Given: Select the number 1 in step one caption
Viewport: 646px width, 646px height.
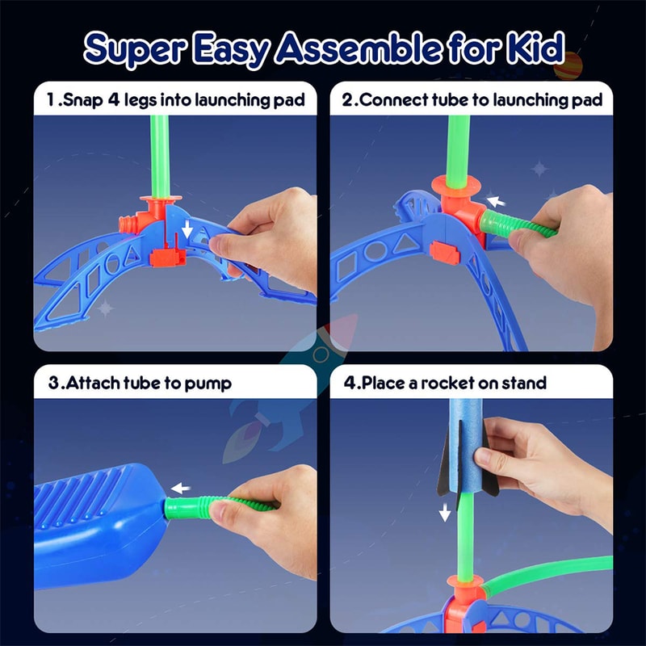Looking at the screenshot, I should click(50, 101).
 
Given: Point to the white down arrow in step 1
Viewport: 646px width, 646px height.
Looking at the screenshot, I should click(187, 231).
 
